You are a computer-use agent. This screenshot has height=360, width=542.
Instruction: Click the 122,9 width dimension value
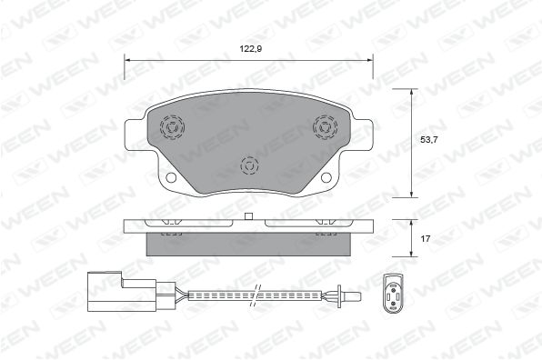tap(251, 49)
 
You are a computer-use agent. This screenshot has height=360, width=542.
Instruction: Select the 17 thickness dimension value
tap(426, 238)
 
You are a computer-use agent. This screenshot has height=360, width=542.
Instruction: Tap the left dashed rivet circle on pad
tap(172, 127)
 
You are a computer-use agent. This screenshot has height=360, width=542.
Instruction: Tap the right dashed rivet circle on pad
tap(325, 127)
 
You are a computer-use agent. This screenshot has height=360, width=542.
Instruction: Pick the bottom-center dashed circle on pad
tap(249, 165)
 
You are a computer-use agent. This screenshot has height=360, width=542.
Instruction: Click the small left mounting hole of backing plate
tap(171, 177)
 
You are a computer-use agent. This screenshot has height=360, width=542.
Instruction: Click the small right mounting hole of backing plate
tap(326, 177)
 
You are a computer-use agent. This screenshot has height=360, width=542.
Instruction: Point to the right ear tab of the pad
tap(362, 135)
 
